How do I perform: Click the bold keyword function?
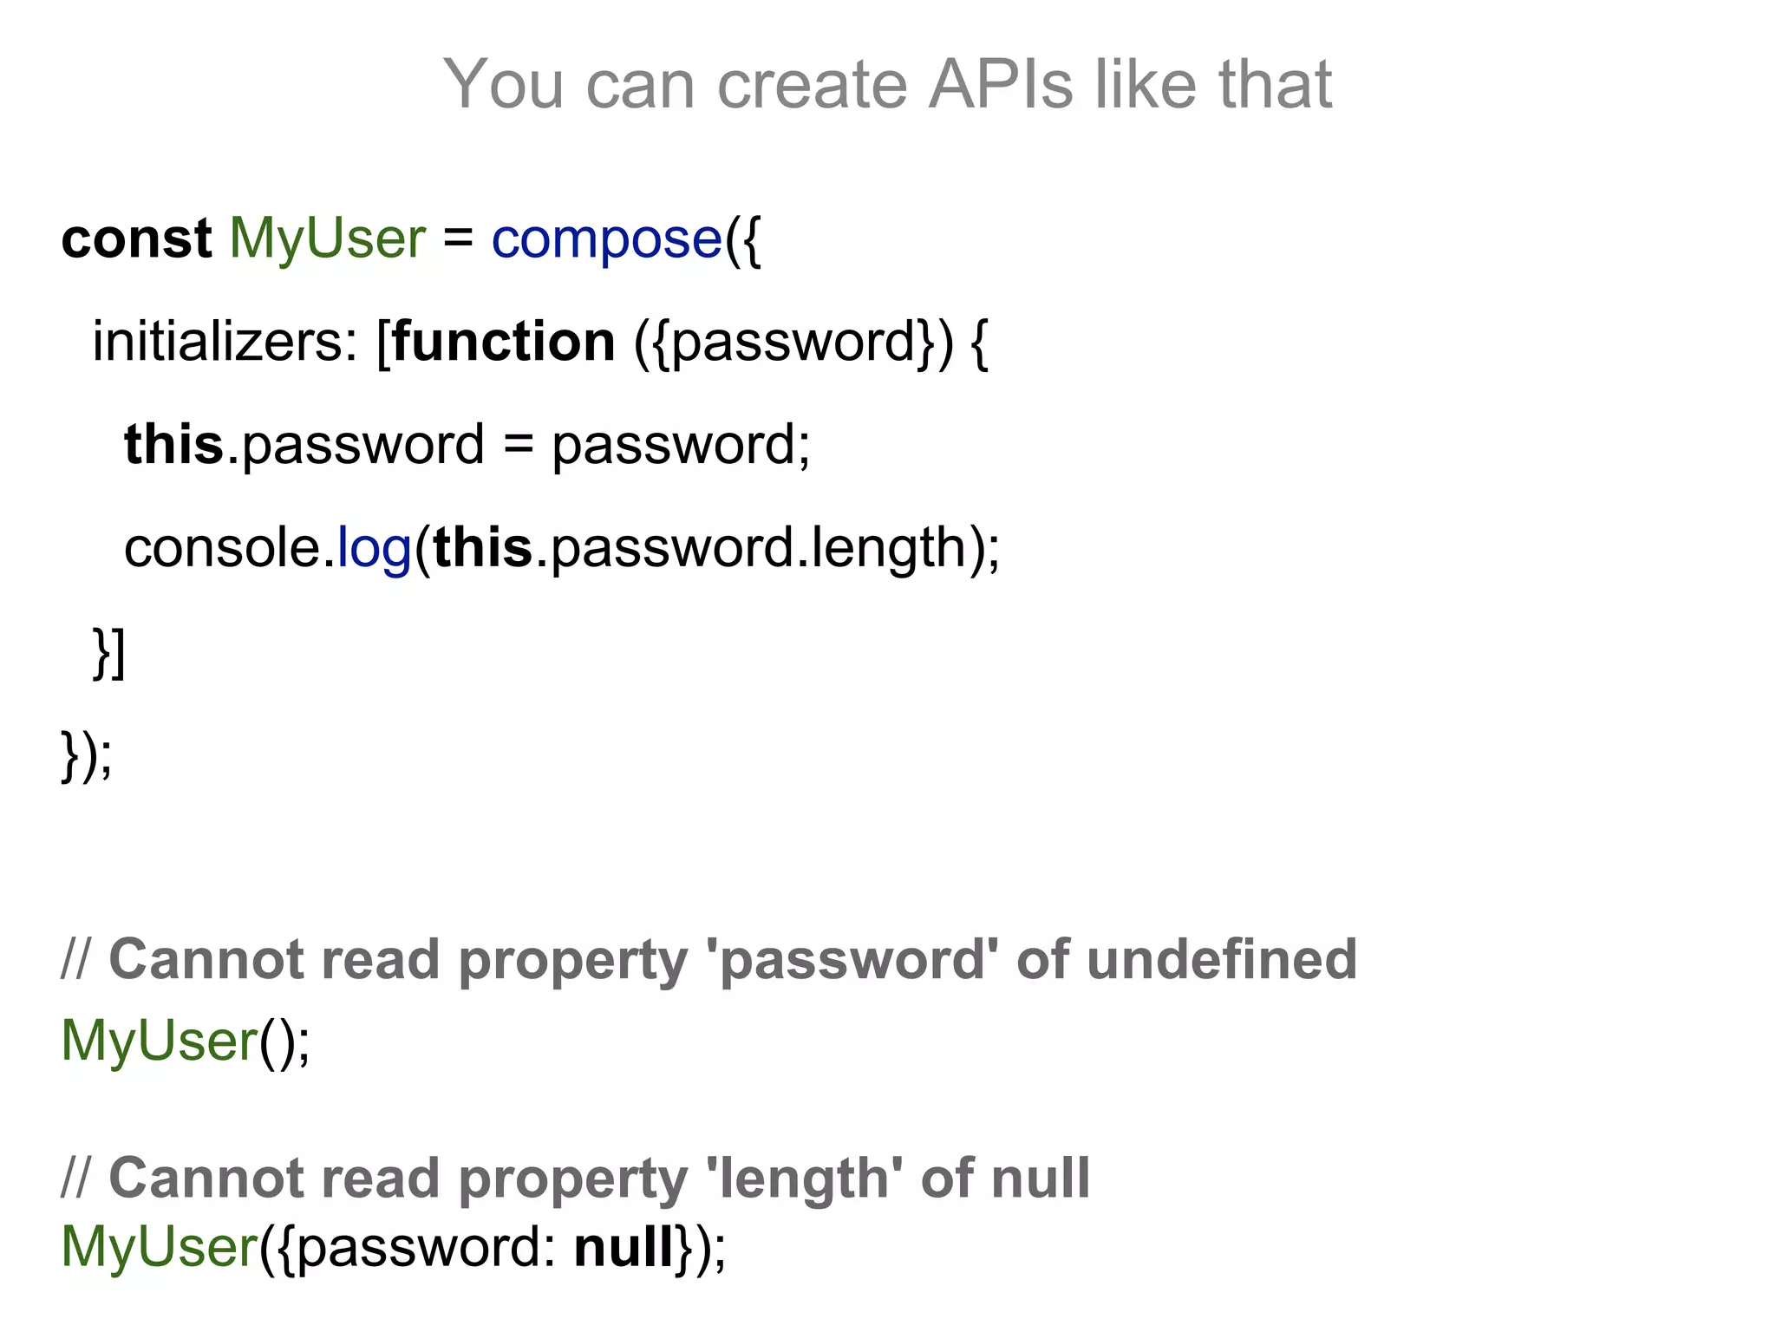click(504, 342)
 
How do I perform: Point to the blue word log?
click(374, 549)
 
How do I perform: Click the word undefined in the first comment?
click(1221, 960)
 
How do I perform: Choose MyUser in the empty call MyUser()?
click(160, 1040)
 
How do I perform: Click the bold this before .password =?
click(173, 445)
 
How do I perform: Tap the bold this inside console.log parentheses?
click(483, 548)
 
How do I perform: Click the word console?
click(222, 549)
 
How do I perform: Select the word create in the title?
click(812, 84)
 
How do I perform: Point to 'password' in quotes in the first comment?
click(853, 960)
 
